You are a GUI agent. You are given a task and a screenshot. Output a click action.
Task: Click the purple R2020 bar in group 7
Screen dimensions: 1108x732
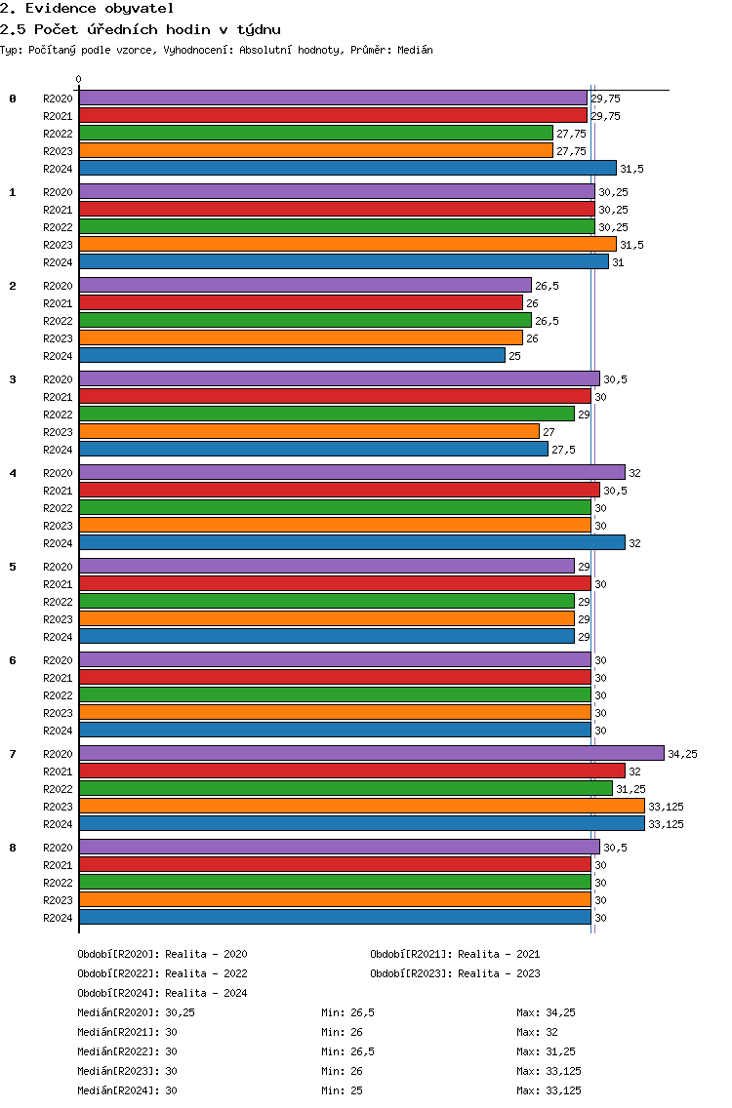pos(371,753)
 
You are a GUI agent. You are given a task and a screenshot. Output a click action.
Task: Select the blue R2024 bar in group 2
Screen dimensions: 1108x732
pos(292,356)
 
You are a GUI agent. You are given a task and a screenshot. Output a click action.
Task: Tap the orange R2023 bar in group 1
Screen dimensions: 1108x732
pos(346,244)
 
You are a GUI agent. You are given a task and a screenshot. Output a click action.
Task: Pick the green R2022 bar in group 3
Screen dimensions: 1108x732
pos(326,414)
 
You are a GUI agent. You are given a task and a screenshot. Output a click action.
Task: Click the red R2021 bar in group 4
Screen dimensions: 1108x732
pos(339,490)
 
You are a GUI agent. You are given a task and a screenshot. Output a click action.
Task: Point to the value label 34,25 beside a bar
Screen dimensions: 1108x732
pos(682,754)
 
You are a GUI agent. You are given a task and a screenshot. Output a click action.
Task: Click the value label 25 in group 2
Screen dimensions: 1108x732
pos(514,356)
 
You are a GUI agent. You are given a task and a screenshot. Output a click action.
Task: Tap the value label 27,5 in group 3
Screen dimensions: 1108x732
pos(563,450)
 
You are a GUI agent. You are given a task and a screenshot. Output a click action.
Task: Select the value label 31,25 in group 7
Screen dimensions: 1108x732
pos(630,789)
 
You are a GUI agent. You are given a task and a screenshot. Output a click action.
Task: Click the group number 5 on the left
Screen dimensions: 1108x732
pos(13,567)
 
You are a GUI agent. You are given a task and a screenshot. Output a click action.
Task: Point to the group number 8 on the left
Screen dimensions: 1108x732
pos(13,848)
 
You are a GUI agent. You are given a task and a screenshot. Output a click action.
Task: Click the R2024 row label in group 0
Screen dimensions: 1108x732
pos(58,169)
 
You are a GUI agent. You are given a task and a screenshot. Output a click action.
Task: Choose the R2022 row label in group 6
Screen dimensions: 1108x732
pos(58,695)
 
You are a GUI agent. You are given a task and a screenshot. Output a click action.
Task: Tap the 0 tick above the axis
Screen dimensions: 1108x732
pos(79,80)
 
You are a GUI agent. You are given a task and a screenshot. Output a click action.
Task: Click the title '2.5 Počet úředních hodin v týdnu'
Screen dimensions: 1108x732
pos(140,29)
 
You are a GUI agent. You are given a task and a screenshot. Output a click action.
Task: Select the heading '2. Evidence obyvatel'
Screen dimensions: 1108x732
pos(87,9)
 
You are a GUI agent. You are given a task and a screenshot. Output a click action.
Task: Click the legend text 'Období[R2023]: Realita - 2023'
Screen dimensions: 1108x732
pos(455,973)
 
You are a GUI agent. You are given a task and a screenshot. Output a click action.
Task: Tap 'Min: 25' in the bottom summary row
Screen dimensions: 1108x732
pos(342,1090)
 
